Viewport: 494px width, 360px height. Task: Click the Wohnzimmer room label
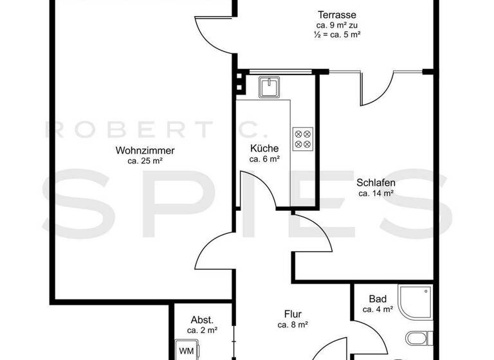[145, 151]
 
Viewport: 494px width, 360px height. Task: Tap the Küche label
[264, 148]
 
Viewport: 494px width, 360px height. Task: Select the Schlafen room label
[376, 182]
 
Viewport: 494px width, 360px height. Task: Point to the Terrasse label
[337, 14]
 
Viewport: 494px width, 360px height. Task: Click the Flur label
[293, 314]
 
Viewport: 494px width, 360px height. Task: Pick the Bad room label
[378, 299]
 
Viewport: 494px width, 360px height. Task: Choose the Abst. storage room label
[202, 319]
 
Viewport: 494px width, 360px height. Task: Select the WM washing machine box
[187, 350]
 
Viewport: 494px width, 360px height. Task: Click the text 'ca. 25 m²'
[145, 161]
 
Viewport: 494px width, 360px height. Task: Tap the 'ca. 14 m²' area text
[376, 192]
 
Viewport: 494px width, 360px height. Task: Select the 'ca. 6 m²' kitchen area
[264, 158]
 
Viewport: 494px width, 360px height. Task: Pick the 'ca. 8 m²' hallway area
[293, 325]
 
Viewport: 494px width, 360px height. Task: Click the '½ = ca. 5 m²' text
[337, 35]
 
